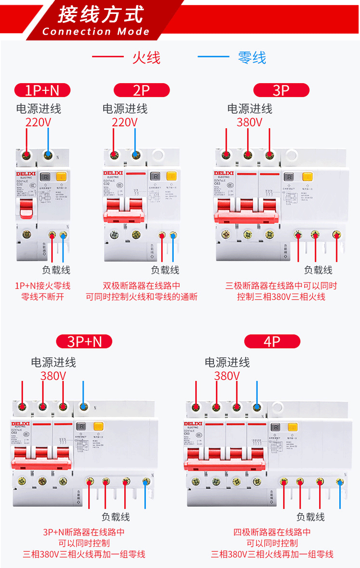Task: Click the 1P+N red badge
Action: pyautogui.click(x=42, y=90)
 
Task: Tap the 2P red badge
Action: pyautogui.click(x=141, y=90)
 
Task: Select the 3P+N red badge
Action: pyautogui.click(x=85, y=341)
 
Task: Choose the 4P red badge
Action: pyautogui.click(x=272, y=341)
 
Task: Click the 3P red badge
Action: pyautogui.click(x=281, y=90)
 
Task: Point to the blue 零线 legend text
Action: pyautogui.click(x=252, y=58)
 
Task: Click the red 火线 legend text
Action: pyautogui.click(x=146, y=58)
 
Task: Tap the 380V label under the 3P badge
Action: pyautogui.click(x=249, y=122)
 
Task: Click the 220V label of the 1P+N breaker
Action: pyautogui.click(x=38, y=122)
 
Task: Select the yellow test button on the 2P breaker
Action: pyautogui.click(x=171, y=176)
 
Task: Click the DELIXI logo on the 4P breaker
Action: pyautogui.click(x=194, y=424)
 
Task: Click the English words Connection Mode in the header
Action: pyautogui.click(x=96, y=31)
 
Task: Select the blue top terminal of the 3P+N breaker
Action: pyautogui.click(x=83, y=407)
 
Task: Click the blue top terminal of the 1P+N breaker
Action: pyautogui.click(x=48, y=156)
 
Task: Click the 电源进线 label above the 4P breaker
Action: pyautogui.click(x=227, y=362)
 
